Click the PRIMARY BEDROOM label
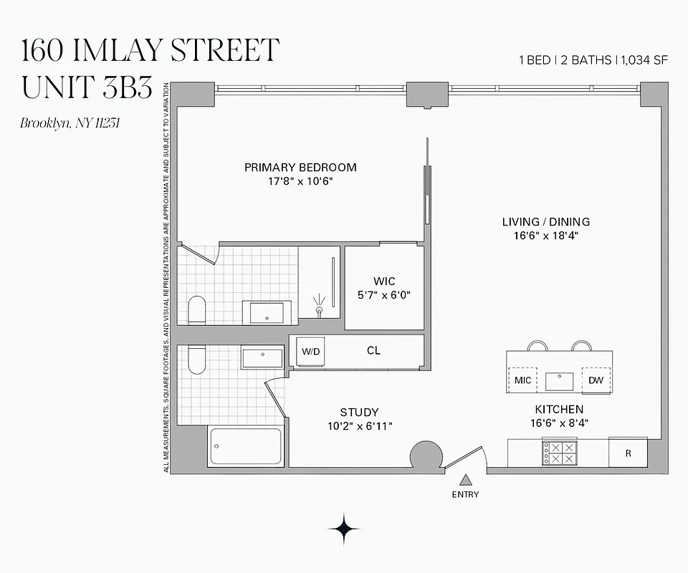pos(300,168)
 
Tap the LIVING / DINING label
pos(545,222)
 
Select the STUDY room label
pos(359,412)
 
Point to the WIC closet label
pos(384,281)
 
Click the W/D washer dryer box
pos(311,351)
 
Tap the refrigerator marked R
pos(628,453)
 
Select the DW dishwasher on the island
pos(596,380)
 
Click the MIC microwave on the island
pos(523,380)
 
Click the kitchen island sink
pos(560,380)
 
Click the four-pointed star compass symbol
pos(344,529)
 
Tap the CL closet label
pos(373,351)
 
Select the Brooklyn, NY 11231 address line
pos(70,122)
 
